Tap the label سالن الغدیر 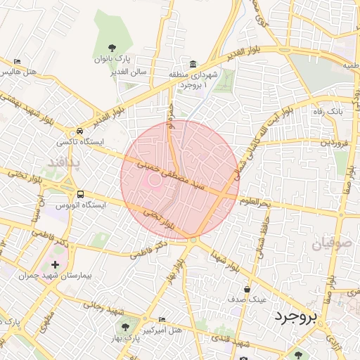click(x=127, y=72)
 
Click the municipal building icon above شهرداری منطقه click(x=193, y=63)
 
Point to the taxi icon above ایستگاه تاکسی click(x=79, y=131)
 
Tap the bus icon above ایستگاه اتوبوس click(x=79, y=194)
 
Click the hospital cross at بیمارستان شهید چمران click(x=55, y=265)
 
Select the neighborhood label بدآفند click(x=65, y=163)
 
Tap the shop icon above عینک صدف click(x=247, y=288)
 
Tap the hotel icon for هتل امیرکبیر click(x=163, y=319)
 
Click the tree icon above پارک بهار click(x=126, y=326)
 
